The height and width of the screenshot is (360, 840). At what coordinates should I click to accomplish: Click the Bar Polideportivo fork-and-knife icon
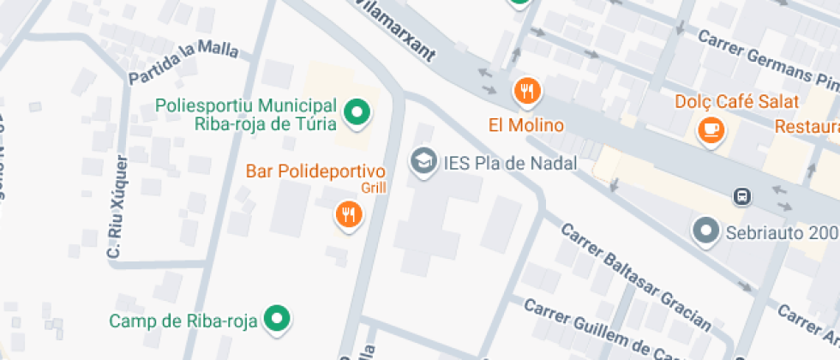(347, 214)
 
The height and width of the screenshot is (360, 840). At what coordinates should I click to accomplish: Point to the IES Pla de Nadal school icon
(422, 159)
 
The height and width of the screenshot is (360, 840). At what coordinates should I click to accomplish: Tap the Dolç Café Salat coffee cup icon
(711, 129)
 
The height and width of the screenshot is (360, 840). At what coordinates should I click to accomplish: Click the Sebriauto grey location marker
(705, 231)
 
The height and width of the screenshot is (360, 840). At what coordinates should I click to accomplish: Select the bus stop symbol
(741, 196)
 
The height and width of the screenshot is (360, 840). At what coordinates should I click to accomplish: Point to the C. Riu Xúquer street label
(117, 207)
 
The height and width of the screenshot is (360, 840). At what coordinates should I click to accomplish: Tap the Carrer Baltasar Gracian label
(635, 277)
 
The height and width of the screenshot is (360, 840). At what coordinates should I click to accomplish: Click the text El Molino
(526, 125)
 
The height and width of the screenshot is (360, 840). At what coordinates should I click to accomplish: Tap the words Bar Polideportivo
(315, 170)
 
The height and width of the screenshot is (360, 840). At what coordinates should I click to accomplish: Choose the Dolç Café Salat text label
(737, 102)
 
